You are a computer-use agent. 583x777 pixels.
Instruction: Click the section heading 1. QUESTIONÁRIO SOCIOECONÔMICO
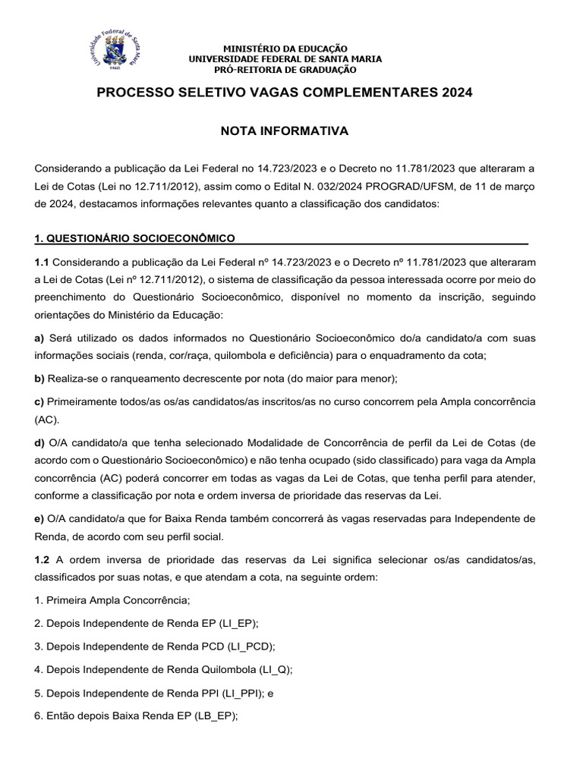point(134,238)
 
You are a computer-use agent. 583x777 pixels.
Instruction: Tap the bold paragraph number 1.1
point(43,263)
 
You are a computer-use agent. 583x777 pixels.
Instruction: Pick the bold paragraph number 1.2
point(43,560)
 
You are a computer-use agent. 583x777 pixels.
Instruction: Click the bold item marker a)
point(40,336)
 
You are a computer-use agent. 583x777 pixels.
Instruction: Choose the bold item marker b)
point(40,378)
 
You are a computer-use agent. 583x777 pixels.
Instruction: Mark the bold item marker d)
point(40,442)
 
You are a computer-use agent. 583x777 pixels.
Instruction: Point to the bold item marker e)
point(40,518)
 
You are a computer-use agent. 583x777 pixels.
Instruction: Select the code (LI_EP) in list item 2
point(238,624)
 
